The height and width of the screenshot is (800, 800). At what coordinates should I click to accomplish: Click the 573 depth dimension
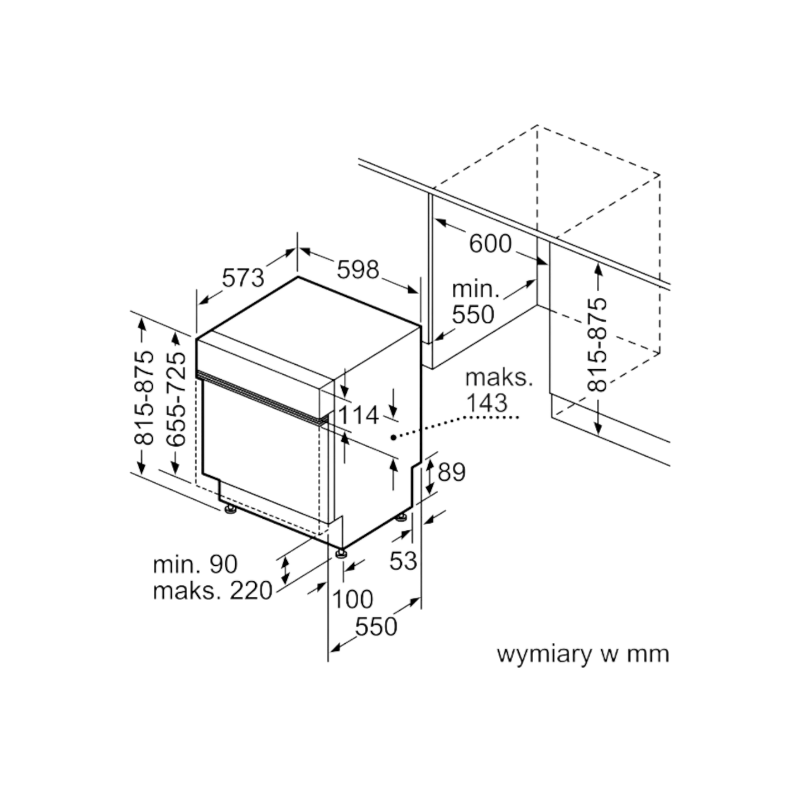click(243, 278)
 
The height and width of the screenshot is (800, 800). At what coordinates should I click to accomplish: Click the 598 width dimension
click(358, 270)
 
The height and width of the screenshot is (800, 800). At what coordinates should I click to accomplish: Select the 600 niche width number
click(490, 244)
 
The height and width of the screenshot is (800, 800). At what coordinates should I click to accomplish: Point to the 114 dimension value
click(358, 415)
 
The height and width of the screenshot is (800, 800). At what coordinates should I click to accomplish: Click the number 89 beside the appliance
click(452, 472)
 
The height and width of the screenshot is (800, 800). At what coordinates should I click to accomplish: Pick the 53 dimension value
click(402, 561)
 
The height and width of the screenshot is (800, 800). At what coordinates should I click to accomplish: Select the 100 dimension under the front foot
click(353, 600)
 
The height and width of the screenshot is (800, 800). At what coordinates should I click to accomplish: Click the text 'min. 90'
click(195, 564)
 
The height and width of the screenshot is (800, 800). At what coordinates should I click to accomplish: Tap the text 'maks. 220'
click(212, 591)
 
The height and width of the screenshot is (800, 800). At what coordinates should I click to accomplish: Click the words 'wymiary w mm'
click(583, 654)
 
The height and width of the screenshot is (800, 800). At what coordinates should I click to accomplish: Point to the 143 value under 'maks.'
click(487, 402)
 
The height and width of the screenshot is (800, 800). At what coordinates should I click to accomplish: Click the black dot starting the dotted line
click(393, 437)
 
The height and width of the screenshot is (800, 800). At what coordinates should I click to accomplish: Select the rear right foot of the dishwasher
click(401, 518)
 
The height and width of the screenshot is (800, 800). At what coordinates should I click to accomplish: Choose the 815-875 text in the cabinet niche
click(597, 344)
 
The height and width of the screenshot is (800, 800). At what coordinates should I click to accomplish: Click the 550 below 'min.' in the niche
click(473, 314)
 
